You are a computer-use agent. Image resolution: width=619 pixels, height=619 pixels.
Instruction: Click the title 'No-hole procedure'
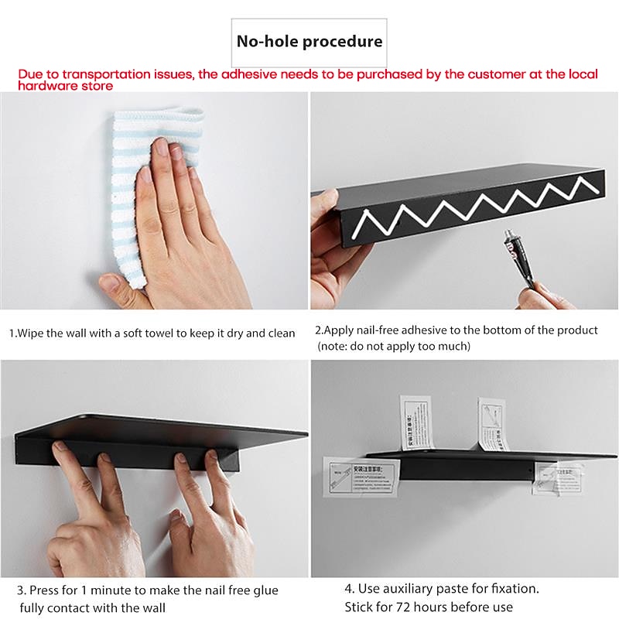[x=309, y=41]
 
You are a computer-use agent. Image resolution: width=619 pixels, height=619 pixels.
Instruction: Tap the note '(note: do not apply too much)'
[x=394, y=346]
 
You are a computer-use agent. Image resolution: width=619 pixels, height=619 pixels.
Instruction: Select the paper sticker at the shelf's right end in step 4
[x=557, y=477]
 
